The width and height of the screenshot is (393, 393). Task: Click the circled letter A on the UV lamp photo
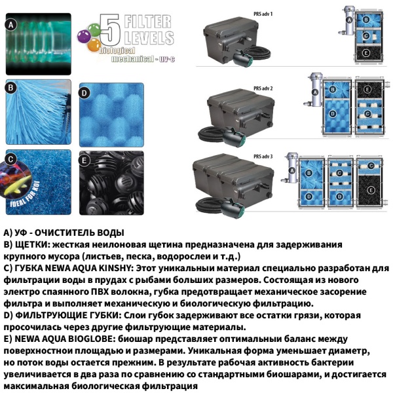pos(10,25)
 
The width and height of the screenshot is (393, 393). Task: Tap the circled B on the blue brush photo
pos(10,88)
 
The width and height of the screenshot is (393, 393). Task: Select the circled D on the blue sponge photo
pos(84,93)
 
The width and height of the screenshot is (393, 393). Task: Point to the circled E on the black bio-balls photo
pos(84,159)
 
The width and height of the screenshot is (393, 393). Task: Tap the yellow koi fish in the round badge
pos(14,187)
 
